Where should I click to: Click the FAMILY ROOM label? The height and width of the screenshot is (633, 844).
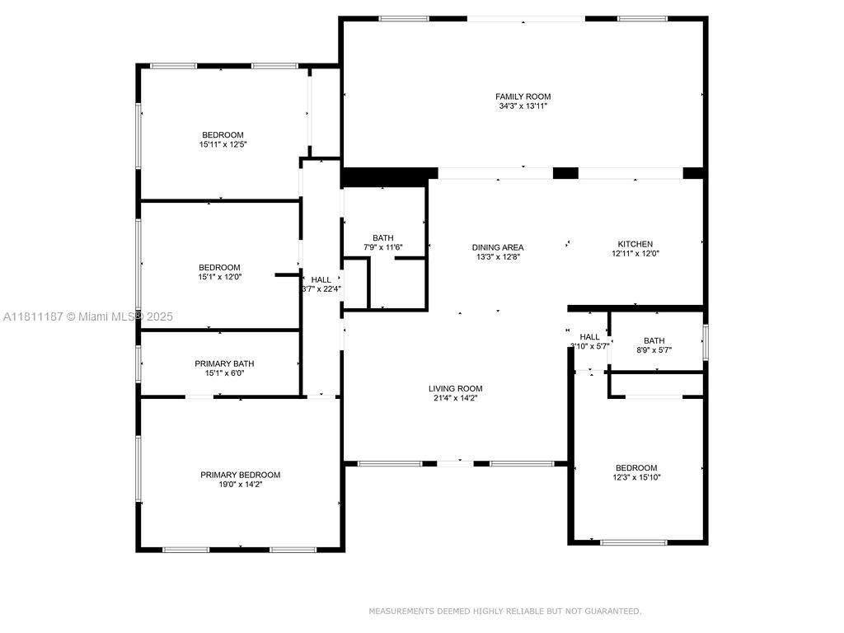point(523,96)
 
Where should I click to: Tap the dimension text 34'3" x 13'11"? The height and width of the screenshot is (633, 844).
point(523,106)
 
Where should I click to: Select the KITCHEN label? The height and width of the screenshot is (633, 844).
point(635,244)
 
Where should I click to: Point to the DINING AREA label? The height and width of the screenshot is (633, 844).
point(497,247)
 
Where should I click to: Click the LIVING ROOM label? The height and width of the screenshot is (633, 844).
point(455,388)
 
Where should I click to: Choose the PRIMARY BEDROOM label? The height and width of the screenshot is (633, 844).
point(240,475)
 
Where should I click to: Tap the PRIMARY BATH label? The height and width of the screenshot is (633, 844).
point(224,363)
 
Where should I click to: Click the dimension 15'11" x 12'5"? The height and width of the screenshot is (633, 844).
point(223,144)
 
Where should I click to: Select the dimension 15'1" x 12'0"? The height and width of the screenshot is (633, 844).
point(219,277)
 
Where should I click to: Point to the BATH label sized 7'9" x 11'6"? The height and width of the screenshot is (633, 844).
point(382,237)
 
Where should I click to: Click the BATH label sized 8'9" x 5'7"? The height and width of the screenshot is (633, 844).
point(654,340)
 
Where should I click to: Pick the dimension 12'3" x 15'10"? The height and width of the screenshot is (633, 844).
point(636,477)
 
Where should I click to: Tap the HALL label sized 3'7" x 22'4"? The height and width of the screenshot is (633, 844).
point(321,279)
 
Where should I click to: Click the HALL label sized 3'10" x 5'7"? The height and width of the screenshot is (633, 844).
point(589,336)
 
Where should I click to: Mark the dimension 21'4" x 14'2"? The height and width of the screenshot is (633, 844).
point(455,398)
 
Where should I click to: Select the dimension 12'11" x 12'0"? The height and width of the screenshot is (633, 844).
point(635,253)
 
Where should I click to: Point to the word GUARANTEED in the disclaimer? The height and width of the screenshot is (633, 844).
point(612,611)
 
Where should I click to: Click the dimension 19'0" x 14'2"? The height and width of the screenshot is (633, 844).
point(240,484)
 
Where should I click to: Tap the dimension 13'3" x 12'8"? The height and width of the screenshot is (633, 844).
point(497,257)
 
